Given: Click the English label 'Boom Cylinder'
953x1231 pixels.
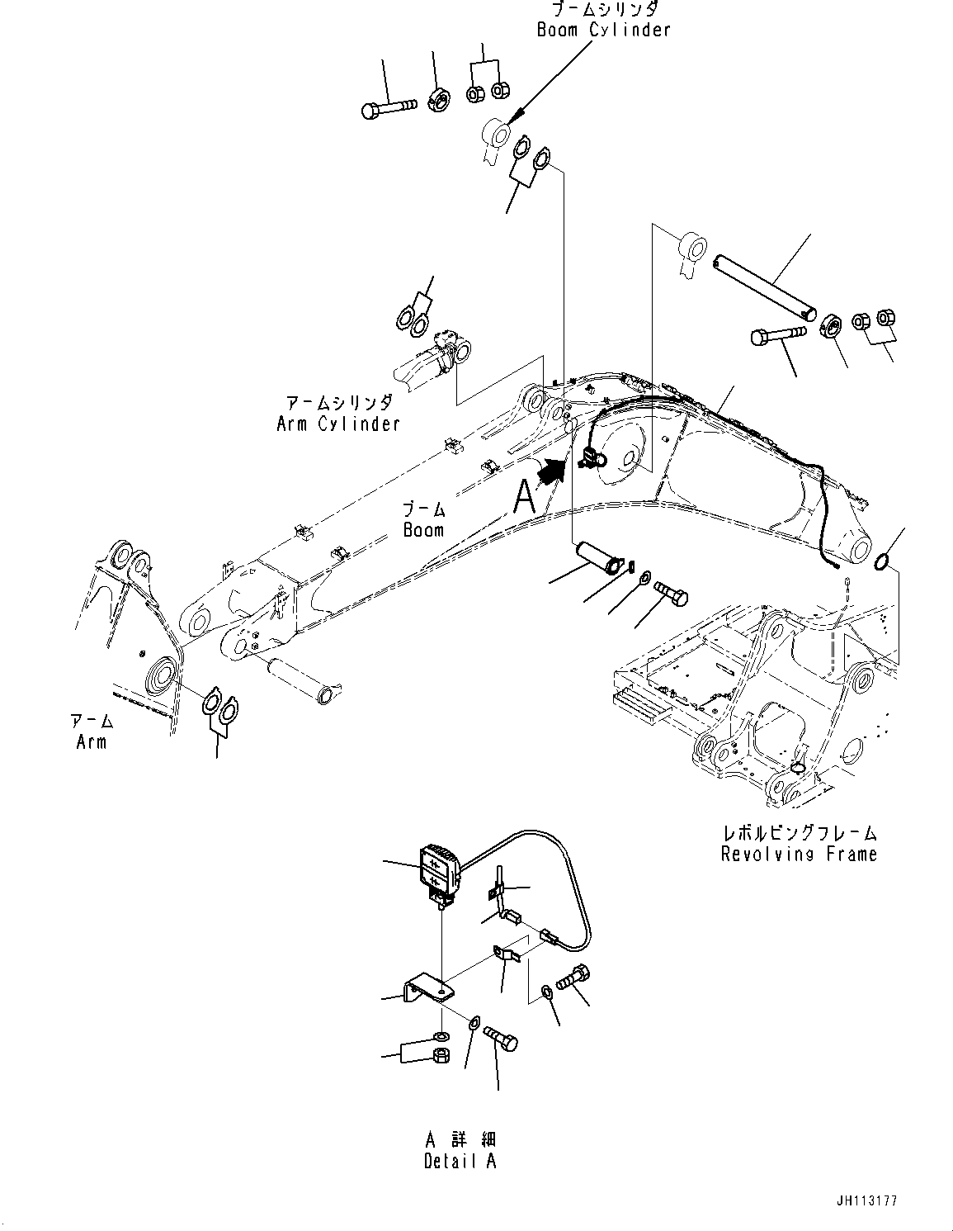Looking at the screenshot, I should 603,30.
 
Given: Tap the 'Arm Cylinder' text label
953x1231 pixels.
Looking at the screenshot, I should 338,424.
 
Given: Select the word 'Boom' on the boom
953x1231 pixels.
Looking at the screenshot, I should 423,530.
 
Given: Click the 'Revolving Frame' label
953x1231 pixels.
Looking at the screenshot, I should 798,854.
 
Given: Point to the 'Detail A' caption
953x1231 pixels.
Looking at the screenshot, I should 460,1161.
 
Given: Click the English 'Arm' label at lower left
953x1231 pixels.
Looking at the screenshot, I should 91,741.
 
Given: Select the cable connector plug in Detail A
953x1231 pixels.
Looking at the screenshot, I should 549,936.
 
